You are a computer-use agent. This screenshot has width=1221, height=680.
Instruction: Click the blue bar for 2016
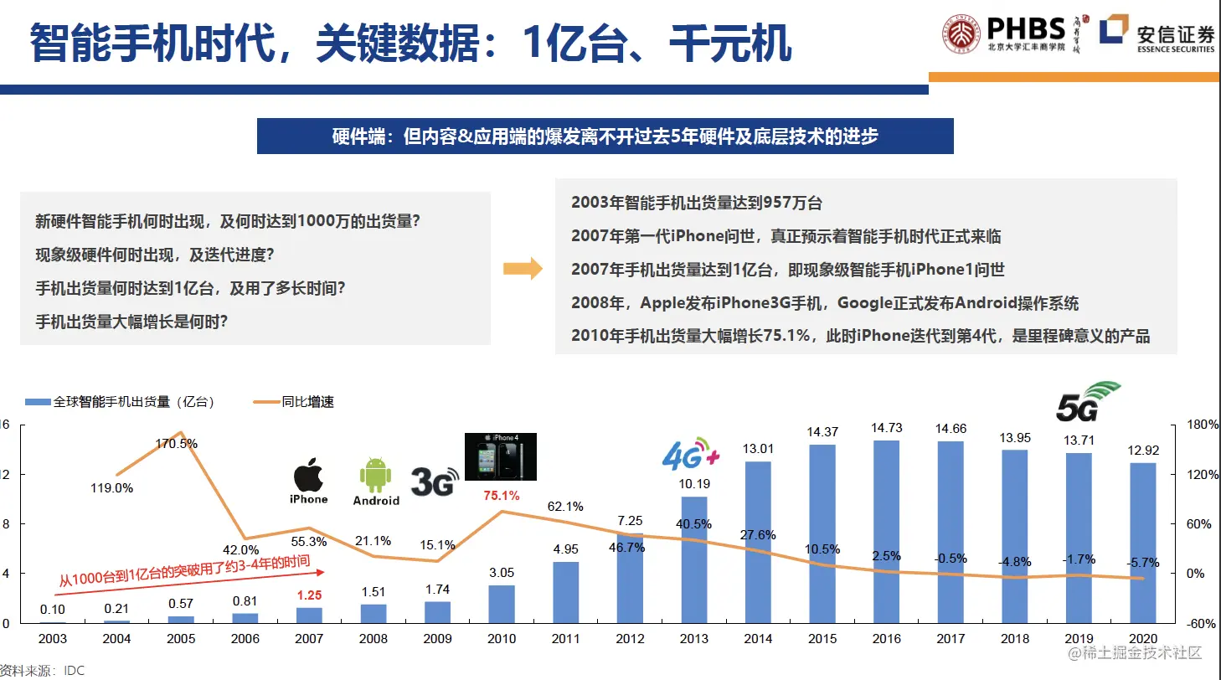[x=887, y=532]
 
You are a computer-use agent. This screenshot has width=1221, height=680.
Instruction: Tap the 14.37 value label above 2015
[x=822, y=432]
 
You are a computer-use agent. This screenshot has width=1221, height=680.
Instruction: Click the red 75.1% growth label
[x=502, y=495]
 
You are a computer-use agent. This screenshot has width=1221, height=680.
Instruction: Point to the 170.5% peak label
[x=177, y=443]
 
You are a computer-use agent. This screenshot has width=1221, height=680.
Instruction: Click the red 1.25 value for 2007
[x=309, y=595]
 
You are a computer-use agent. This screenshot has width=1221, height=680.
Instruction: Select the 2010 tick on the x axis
[x=502, y=639]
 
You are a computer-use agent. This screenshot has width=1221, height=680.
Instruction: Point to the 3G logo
[x=435, y=481]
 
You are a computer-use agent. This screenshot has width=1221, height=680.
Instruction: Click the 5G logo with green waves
[x=1086, y=401]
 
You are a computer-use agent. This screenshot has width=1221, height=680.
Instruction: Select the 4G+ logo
[x=690, y=454]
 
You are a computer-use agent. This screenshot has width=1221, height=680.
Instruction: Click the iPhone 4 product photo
[x=500, y=456]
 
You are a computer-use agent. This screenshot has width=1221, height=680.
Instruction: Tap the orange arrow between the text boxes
[x=523, y=269]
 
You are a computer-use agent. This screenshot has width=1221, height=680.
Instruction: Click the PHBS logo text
[x=1025, y=30]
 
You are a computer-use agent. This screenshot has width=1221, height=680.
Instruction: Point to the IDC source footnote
[x=42, y=671]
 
